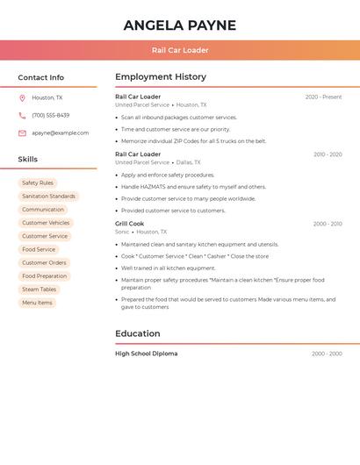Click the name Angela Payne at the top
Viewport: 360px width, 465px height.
180,25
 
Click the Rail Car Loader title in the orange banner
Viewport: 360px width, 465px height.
180,50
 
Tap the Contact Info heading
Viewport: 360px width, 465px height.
41,77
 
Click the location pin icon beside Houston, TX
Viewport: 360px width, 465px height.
22,98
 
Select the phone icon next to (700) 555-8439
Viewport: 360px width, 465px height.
22,116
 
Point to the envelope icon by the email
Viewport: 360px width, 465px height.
22,133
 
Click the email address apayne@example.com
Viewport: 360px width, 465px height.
60,133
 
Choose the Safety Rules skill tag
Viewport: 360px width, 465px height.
38,183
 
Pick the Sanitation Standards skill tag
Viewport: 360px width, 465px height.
48,197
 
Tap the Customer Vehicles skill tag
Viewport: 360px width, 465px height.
46,223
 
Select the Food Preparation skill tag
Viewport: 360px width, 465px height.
45,276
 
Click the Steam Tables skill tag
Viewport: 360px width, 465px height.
39,290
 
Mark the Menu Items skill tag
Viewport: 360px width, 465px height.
37,303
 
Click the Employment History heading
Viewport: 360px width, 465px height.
161,77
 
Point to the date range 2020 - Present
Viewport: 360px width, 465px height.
323,97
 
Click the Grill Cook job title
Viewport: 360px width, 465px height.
129,224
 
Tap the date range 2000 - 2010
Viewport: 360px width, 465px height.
327,224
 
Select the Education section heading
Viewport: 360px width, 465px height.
138,333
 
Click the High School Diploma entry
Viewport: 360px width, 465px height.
146,354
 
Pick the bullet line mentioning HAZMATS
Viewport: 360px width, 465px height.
193,187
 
